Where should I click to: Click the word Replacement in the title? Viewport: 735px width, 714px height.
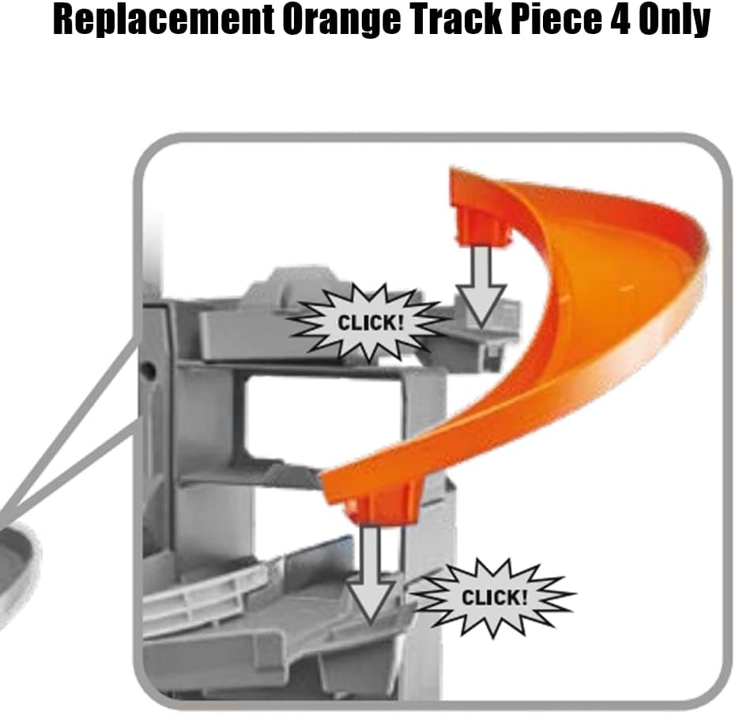[163, 21]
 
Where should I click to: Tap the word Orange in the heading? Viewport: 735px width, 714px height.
[341, 21]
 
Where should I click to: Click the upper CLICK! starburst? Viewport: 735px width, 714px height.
[370, 323]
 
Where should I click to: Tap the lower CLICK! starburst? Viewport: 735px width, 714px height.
[494, 597]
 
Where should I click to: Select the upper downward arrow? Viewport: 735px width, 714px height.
[481, 286]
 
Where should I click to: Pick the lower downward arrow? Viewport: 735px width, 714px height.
[371, 574]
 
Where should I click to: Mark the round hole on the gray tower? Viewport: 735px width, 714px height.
[149, 371]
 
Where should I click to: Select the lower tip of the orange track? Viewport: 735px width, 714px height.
[322, 479]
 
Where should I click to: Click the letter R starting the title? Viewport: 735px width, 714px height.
[65, 20]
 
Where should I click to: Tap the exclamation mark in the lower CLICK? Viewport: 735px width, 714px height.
[524, 597]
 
